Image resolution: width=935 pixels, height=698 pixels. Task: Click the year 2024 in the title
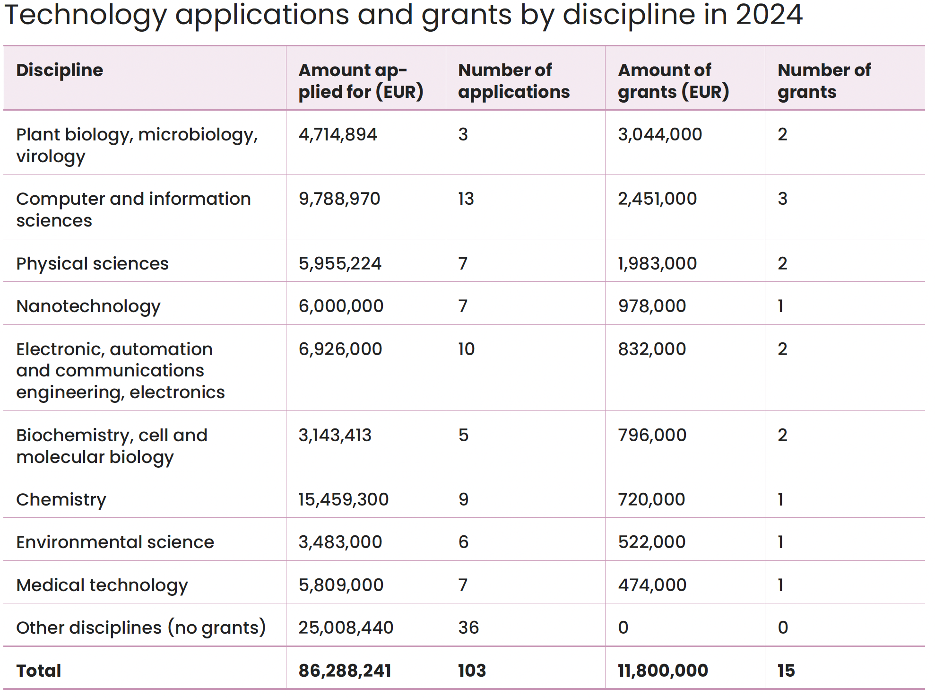tap(769, 14)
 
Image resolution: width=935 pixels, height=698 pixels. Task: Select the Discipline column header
tap(60, 70)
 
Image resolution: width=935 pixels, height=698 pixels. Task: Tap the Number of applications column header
tap(514, 81)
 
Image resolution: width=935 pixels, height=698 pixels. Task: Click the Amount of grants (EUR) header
tap(674, 81)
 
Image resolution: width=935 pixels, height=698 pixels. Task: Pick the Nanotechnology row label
tap(88, 306)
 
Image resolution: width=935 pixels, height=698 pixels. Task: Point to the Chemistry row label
tap(61, 500)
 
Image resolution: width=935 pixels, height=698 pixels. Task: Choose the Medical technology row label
tap(102, 585)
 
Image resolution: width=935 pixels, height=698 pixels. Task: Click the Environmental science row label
tap(115, 542)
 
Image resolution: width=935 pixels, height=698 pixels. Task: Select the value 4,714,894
tap(338, 135)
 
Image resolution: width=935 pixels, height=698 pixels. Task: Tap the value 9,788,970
tap(339, 199)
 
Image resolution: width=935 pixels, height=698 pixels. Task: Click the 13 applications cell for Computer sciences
tap(466, 199)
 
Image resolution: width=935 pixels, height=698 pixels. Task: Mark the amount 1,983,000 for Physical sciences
tap(658, 264)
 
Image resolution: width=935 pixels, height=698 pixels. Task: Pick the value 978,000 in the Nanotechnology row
tap(652, 306)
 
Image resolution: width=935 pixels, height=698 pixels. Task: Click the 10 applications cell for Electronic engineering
tap(467, 349)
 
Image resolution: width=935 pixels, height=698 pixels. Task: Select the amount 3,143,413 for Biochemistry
tap(335, 436)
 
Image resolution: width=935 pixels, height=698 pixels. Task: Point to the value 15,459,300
tap(344, 500)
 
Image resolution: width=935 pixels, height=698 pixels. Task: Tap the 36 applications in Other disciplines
tap(469, 628)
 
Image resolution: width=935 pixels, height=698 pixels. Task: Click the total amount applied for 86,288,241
tap(345, 671)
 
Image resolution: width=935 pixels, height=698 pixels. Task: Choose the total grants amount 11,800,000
tap(663, 671)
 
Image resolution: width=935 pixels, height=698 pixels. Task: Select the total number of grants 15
tap(787, 671)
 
